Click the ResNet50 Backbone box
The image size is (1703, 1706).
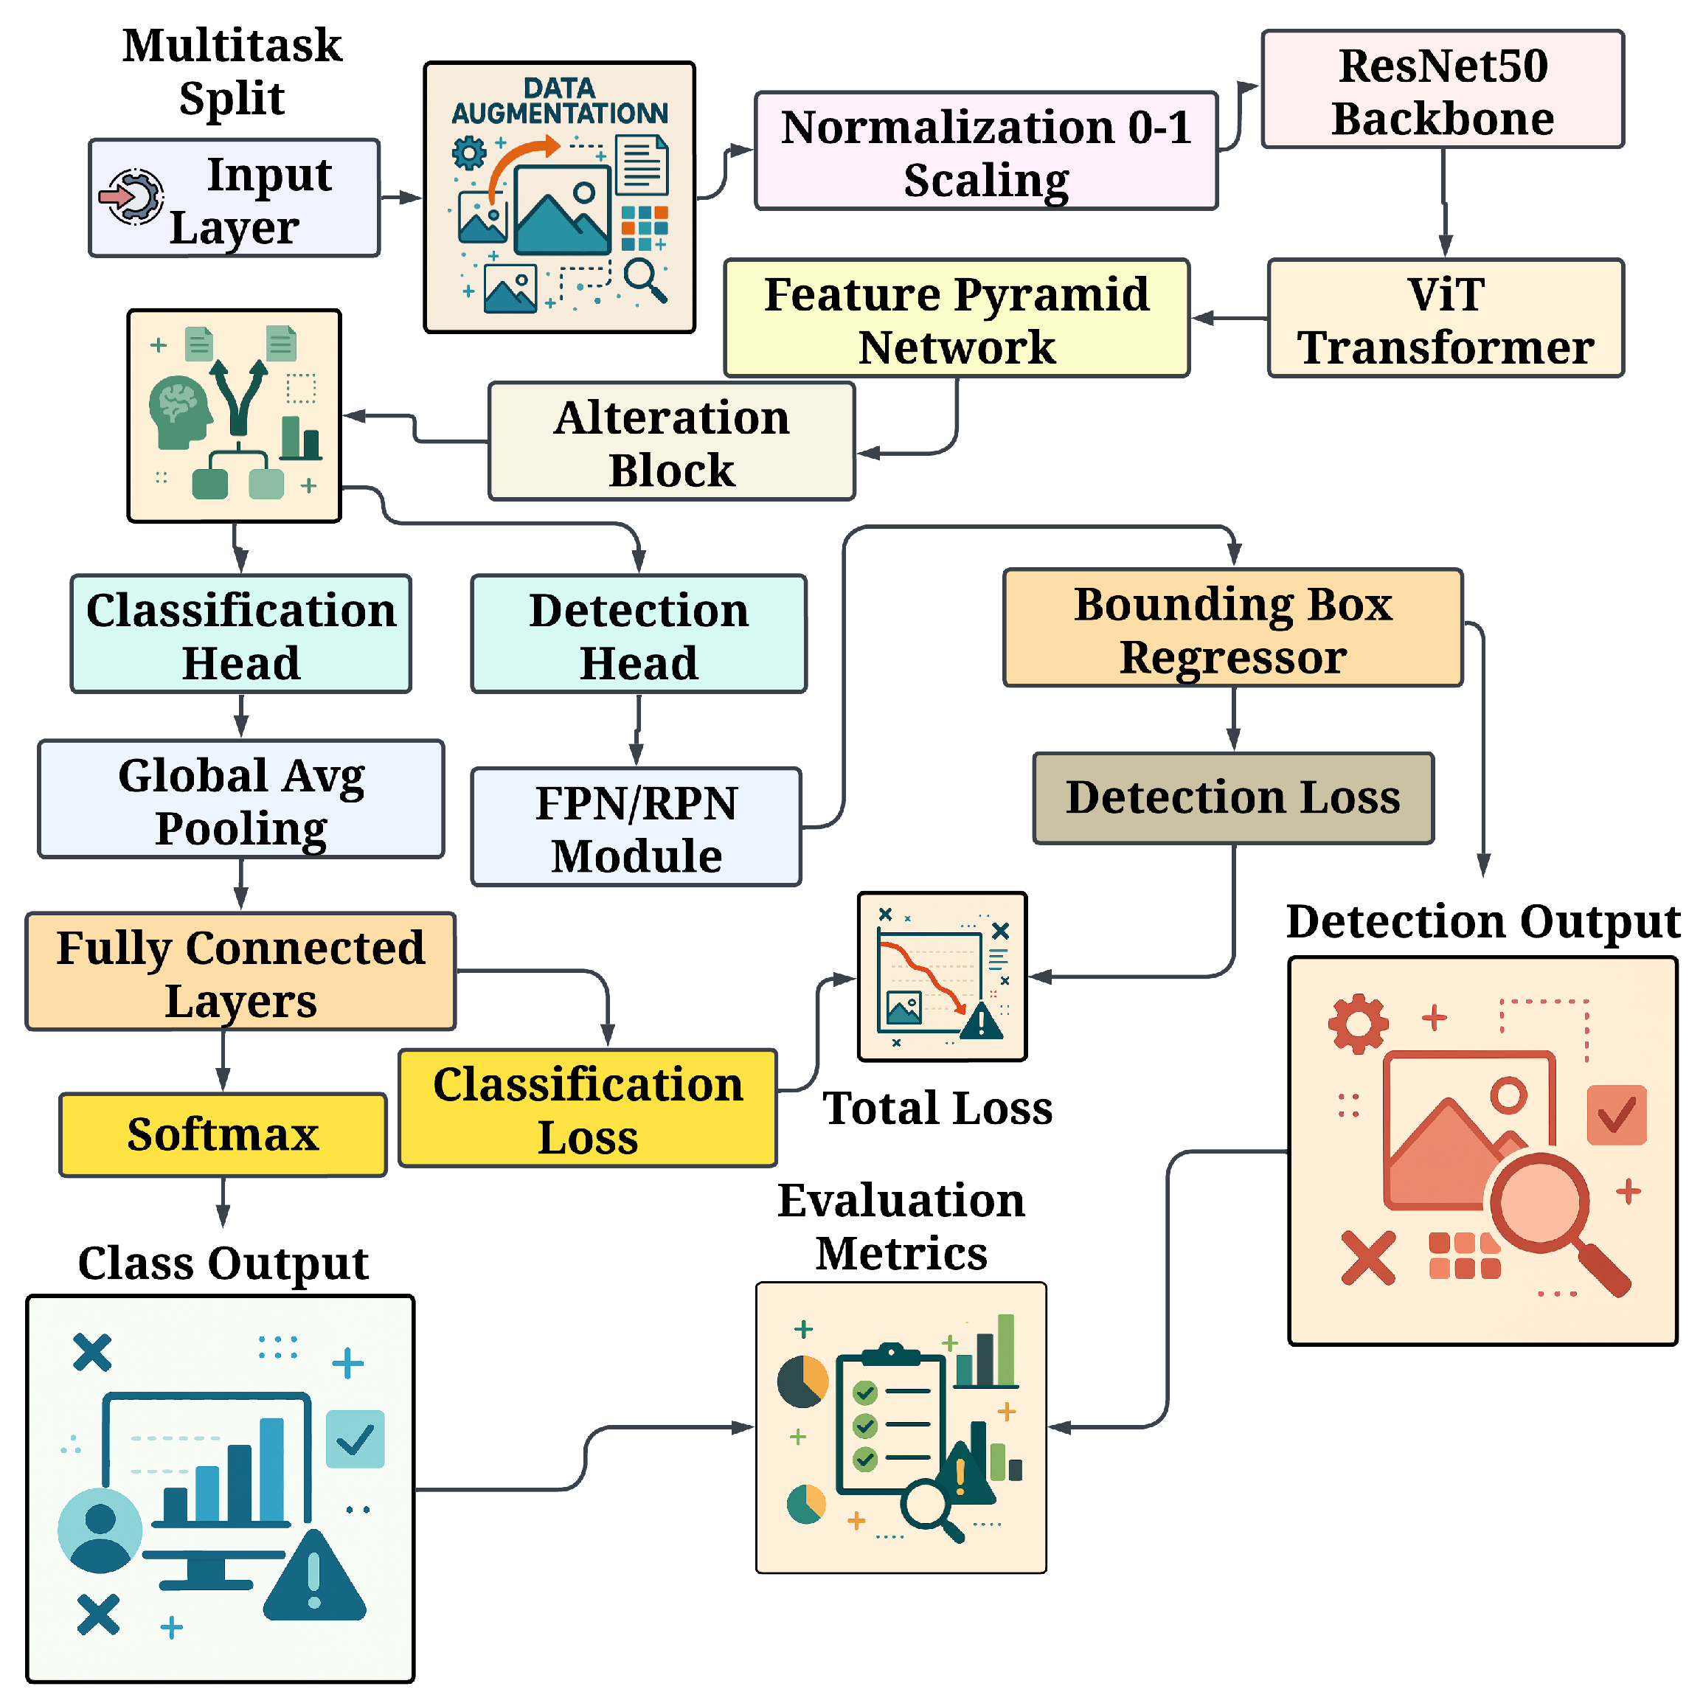(x=1442, y=90)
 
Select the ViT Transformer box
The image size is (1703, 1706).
(x=1444, y=318)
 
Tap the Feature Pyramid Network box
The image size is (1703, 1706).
(x=956, y=318)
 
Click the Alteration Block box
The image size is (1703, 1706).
(x=671, y=442)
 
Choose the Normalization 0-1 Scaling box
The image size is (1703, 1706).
(x=985, y=151)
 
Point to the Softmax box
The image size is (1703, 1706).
(x=223, y=1134)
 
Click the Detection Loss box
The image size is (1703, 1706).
(x=1232, y=797)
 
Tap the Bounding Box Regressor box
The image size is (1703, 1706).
(x=1232, y=628)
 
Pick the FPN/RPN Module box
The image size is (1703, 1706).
(x=636, y=828)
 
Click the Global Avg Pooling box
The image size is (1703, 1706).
(x=241, y=799)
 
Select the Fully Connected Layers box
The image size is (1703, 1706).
(x=240, y=971)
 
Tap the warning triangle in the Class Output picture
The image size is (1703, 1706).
(x=314, y=1581)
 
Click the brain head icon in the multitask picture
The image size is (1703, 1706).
(x=179, y=412)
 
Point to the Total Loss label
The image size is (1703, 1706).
(x=937, y=1108)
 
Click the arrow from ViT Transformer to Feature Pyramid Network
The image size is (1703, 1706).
(x=1229, y=318)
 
